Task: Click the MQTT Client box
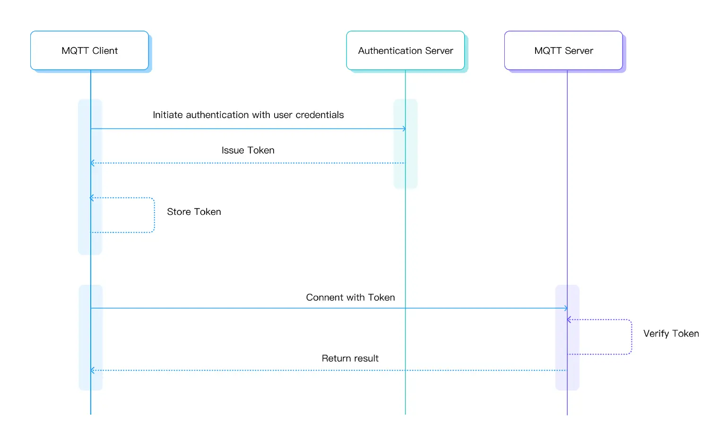click(89, 51)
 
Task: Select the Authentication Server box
click(405, 51)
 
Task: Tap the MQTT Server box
click(563, 51)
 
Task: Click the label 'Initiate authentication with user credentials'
click(248, 115)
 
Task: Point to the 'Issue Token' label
click(248, 150)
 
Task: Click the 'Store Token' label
click(194, 212)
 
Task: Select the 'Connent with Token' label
click(350, 297)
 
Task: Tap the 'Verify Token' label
click(671, 333)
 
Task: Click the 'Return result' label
click(350, 358)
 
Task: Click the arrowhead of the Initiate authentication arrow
click(404, 128)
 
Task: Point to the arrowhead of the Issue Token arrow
click(92, 163)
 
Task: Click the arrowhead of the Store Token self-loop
click(92, 198)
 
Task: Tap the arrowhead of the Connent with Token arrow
click(566, 308)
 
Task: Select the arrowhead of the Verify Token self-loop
click(569, 320)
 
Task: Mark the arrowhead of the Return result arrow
click(92, 370)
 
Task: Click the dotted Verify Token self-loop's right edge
click(631, 337)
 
